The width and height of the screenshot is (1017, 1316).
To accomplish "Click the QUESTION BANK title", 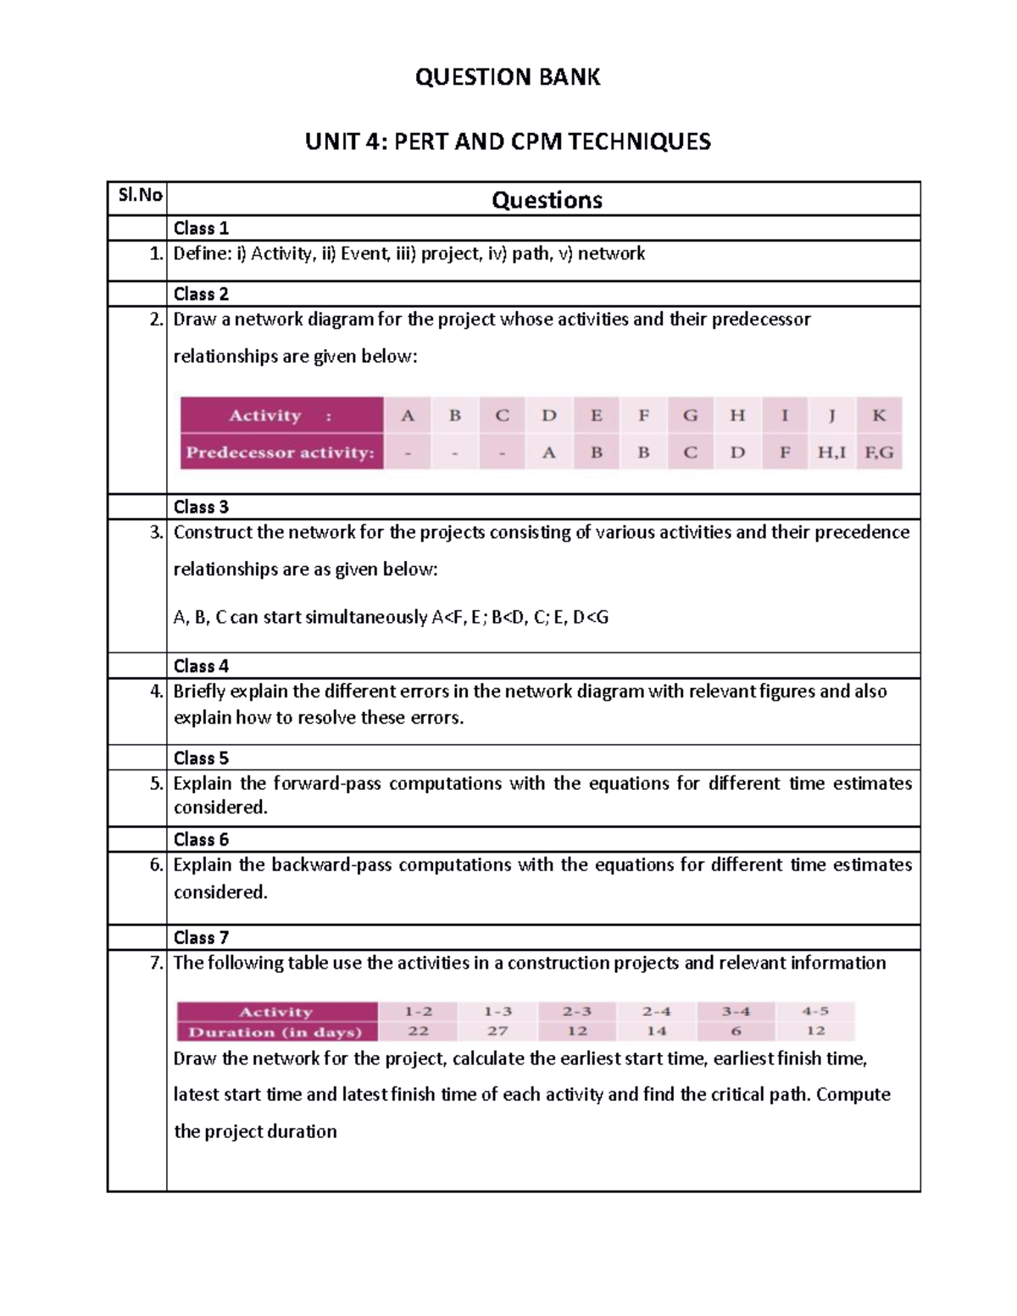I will (508, 77).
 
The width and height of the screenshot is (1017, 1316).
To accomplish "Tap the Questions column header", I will (547, 200).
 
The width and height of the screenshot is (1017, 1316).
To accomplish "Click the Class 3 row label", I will (201, 507).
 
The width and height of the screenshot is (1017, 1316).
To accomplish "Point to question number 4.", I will (156, 691).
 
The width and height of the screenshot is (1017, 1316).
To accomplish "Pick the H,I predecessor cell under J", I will (831, 453).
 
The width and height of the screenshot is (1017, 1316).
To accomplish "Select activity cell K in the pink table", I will (879, 415).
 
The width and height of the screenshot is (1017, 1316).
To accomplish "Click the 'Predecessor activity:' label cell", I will (281, 453).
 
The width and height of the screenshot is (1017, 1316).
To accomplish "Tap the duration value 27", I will (497, 1031).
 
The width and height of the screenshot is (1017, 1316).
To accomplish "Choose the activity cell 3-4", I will (736, 1011).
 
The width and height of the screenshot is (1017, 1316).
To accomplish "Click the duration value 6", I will (736, 1031).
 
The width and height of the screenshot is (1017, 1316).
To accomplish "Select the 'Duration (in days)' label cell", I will (275, 1032).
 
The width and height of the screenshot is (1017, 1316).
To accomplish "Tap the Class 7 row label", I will (201, 937).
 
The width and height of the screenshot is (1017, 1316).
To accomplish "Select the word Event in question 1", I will (365, 253).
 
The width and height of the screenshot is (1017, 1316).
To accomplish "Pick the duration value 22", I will (418, 1031).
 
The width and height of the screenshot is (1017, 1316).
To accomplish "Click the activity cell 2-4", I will (656, 1011).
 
